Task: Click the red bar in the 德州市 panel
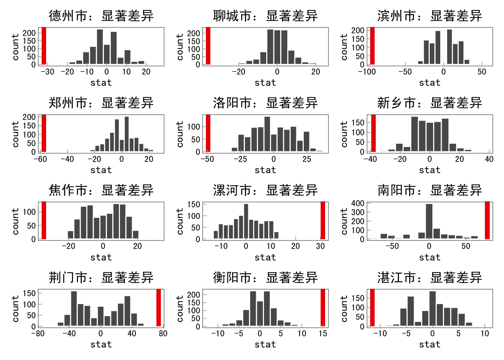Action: pyautogui.click(x=44, y=46)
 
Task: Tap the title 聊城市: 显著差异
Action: pyautogui.click(x=265, y=16)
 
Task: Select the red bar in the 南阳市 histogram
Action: pyautogui.click(x=487, y=220)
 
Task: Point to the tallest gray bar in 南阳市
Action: pyautogui.click(x=429, y=221)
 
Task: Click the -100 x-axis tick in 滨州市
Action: pyautogui.click(x=367, y=72)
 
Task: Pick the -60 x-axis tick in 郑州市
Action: pyautogui.click(x=40, y=159)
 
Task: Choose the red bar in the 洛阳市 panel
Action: pyautogui.click(x=208, y=133)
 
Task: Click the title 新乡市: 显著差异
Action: pyautogui.click(x=429, y=103)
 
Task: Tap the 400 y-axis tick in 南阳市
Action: pyautogui.click(x=358, y=203)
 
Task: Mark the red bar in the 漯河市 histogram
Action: pyautogui.click(x=323, y=220)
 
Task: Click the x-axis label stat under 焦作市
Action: pyautogui.click(x=101, y=257)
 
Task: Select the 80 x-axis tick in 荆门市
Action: pyautogui.click(x=163, y=333)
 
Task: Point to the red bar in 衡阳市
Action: pyautogui.click(x=323, y=307)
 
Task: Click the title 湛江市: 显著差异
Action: pyautogui.click(x=429, y=277)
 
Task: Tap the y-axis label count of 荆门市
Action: pyautogui.click(x=15, y=308)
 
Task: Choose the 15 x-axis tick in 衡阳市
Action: pyautogui.click(x=323, y=333)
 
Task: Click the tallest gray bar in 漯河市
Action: pyautogui.click(x=246, y=221)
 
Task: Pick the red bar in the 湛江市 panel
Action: pyautogui.click(x=372, y=307)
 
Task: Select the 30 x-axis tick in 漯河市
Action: pyautogui.click(x=320, y=246)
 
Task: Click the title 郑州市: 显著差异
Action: pyautogui.click(x=101, y=103)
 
